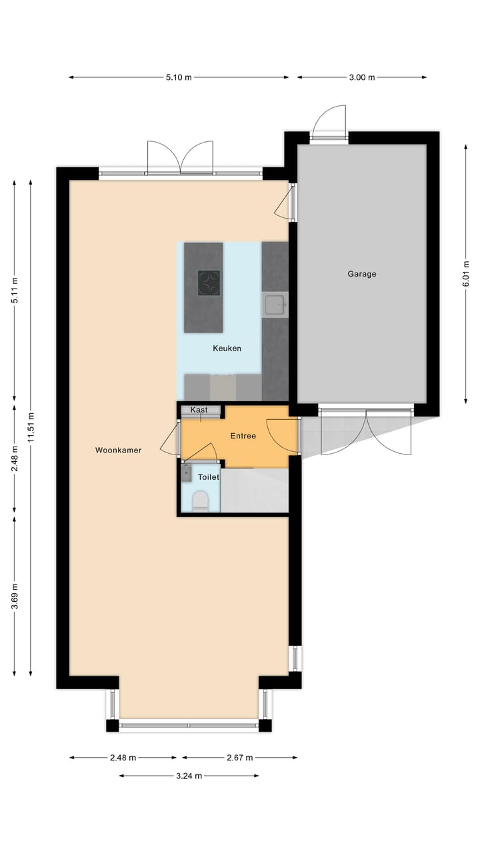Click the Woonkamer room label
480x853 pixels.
point(118,450)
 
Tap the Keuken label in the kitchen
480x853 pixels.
point(227,348)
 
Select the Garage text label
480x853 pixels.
point(362,273)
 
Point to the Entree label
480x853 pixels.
point(243,436)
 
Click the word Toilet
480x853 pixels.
point(208,477)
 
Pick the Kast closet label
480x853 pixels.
point(199,409)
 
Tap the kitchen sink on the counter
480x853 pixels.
point(275,305)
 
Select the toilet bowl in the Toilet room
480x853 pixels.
point(200,500)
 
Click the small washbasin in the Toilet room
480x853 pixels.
point(186,473)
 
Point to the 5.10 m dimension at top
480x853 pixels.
point(179,77)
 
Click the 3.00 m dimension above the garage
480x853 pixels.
point(361,77)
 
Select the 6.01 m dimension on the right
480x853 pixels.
point(466,273)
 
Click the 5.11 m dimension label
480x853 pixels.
point(15,291)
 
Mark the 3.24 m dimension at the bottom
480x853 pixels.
point(189,776)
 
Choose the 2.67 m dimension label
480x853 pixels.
point(239,758)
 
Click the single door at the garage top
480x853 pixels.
point(329,123)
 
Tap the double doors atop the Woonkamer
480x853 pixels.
point(180,157)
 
